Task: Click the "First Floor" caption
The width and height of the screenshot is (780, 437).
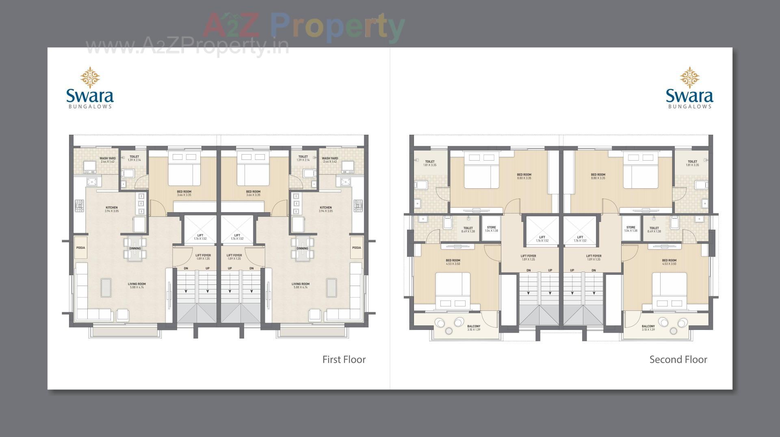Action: point(344,360)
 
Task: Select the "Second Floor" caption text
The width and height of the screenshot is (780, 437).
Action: point(678,360)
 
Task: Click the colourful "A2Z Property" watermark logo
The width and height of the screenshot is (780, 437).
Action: point(303,26)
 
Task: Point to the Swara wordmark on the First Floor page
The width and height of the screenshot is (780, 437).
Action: point(90,96)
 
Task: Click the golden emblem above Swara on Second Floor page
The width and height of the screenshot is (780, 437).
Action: point(689,77)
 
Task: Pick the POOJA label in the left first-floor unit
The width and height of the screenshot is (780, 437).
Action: point(80,248)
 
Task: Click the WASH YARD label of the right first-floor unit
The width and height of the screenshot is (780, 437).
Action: point(329,158)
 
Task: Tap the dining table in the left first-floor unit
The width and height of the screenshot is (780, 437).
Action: point(135,248)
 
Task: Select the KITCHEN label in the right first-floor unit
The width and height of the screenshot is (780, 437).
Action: point(325,208)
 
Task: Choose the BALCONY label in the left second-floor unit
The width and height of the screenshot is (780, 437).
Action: point(474,326)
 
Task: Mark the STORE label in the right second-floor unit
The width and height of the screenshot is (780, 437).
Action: point(630,228)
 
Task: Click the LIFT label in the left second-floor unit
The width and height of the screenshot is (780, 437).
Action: point(542,237)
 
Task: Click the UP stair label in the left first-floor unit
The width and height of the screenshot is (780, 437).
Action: point(208,268)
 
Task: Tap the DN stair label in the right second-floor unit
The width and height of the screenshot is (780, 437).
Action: point(594,270)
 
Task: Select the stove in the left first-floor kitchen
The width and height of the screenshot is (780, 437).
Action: point(79,206)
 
